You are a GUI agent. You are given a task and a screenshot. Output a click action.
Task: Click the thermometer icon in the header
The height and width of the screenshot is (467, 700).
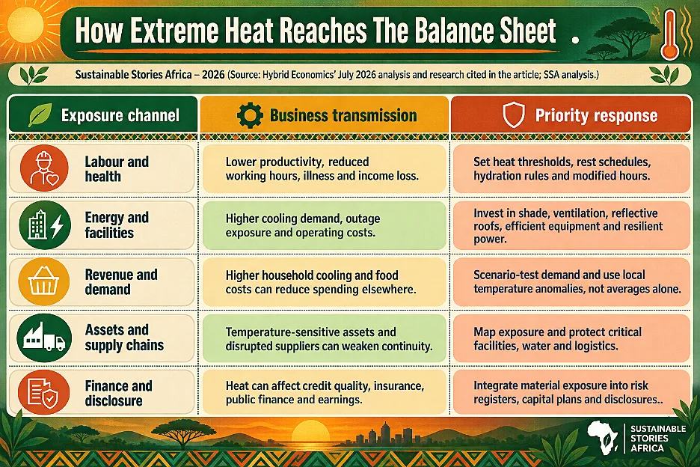coord(670,35)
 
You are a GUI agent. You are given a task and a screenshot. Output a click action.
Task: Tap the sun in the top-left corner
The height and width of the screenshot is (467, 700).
coord(25,25)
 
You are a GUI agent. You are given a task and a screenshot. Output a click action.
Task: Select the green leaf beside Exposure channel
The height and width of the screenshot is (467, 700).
coord(40,115)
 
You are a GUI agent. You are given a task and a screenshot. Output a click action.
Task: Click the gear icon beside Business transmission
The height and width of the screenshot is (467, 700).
coord(250,115)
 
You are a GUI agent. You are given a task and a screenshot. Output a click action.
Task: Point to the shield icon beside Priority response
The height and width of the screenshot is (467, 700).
coord(514,115)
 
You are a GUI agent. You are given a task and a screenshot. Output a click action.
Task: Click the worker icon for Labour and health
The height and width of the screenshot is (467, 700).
coord(44,168)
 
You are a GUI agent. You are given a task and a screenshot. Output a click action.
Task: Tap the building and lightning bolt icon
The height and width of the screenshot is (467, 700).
coord(45,225)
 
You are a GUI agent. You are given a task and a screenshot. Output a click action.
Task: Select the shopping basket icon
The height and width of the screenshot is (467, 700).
coord(43,281)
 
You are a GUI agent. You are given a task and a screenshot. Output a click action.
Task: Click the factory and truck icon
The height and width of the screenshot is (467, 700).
coord(44,338)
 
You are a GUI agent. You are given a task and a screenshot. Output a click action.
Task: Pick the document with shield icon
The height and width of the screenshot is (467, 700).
coord(43,392)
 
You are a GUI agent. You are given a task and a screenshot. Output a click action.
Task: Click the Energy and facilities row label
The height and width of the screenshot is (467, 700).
coord(117,225)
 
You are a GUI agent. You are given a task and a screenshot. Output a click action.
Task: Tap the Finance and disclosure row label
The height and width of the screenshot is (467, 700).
coord(118,393)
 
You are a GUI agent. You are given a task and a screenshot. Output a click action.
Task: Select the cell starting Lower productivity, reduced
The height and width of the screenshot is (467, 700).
coord(324,168)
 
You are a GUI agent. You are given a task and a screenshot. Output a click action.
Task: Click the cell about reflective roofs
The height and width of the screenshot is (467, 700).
coord(571,225)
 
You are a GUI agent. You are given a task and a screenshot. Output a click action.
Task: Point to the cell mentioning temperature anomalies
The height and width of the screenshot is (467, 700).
coord(571,281)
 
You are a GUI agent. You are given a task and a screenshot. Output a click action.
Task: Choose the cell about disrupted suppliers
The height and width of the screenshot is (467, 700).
coord(324,338)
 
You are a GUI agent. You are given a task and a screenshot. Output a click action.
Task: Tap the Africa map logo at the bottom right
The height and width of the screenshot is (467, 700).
coord(602,438)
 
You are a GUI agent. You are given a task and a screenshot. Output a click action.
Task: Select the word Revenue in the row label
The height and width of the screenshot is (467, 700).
coord(108,275)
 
